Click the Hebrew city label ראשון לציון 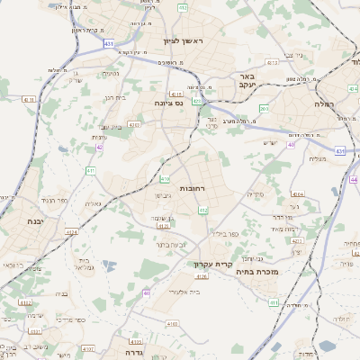pyautogui.click(x=184, y=41)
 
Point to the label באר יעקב pyautogui.click(x=248, y=81)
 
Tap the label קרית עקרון pyautogui.click(x=213, y=265)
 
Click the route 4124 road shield pyautogui.click(x=71, y=231)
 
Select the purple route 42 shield pyautogui.click(x=99, y=147)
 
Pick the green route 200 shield pyautogui.click(x=264, y=109)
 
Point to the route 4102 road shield pyautogui.click(x=87, y=347)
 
